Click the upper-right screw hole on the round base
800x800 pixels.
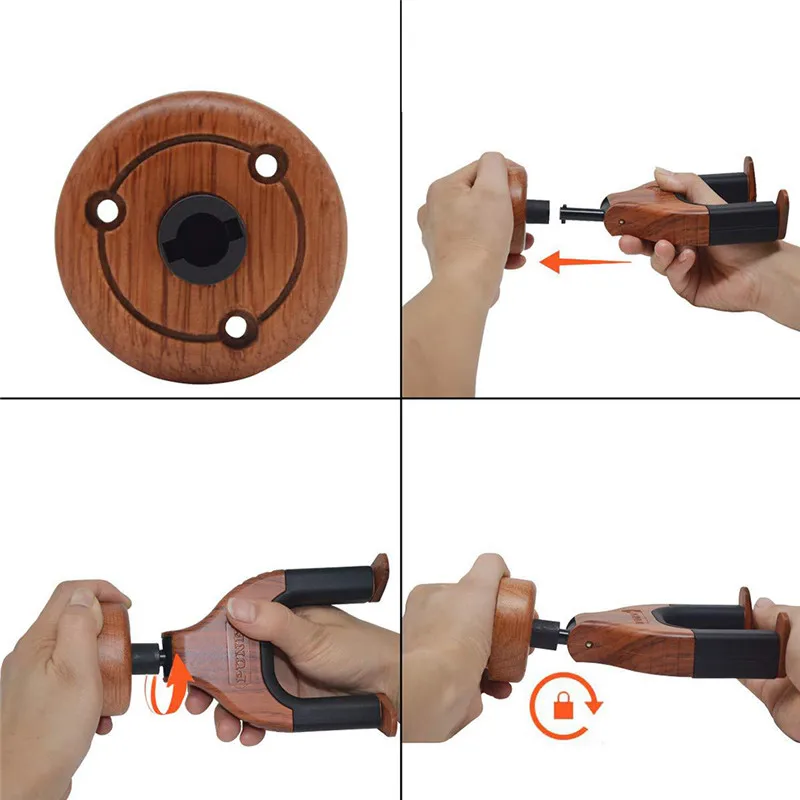point(265,165)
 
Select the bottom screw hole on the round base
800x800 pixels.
point(237,325)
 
